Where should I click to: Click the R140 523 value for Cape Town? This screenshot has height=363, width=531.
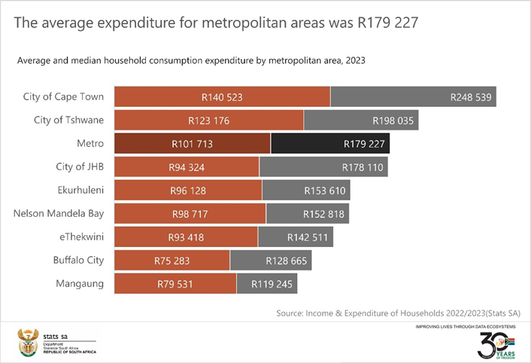[222, 97]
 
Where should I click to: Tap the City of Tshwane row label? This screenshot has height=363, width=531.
[68, 120]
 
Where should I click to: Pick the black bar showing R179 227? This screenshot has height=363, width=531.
[330, 144]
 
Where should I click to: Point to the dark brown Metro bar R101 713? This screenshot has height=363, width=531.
[193, 144]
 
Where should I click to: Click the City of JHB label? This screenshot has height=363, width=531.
[74, 167]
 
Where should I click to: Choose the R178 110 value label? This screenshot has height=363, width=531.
[363, 167]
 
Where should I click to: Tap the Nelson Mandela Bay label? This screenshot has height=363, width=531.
[59, 214]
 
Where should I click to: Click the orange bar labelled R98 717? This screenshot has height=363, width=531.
[190, 214]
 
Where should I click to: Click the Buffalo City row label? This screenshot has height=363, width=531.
[78, 261]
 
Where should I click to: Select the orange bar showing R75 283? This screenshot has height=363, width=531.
[172, 261]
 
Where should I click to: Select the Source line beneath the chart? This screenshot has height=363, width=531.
[398, 313]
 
